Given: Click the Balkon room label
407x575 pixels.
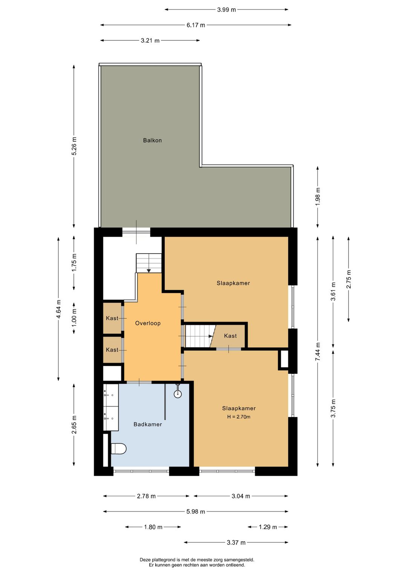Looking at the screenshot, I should (152, 140).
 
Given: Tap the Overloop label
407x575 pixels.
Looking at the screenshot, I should (148, 323).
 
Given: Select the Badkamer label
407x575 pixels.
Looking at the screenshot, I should (148, 424).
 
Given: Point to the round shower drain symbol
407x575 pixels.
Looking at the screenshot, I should (178, 394).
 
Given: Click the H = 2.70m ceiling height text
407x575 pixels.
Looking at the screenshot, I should (239, 417).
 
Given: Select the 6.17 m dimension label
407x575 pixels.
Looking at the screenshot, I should (196, 25).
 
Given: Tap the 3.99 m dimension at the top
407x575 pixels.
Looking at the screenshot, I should (226, 10).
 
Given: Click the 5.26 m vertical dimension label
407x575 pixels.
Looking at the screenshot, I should (74, 146).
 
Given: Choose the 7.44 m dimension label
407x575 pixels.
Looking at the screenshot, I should (318, 352).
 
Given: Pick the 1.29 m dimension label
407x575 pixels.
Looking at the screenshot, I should (268, 527).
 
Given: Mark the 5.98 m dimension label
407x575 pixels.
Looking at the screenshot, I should (196, 511).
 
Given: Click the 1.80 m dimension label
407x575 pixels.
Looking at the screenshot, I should (153, 527).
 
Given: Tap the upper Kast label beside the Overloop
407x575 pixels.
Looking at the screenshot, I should (112, 318).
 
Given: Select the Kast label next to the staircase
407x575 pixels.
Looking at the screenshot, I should (230, 336).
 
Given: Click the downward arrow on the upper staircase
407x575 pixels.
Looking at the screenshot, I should (149, 270).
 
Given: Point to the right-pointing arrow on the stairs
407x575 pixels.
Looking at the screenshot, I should (211, 336).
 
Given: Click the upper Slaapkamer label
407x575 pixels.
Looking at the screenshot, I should (233, 283).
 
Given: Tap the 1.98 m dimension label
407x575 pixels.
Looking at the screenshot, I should (318, 196).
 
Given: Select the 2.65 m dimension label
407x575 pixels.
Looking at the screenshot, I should (74, 424).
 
